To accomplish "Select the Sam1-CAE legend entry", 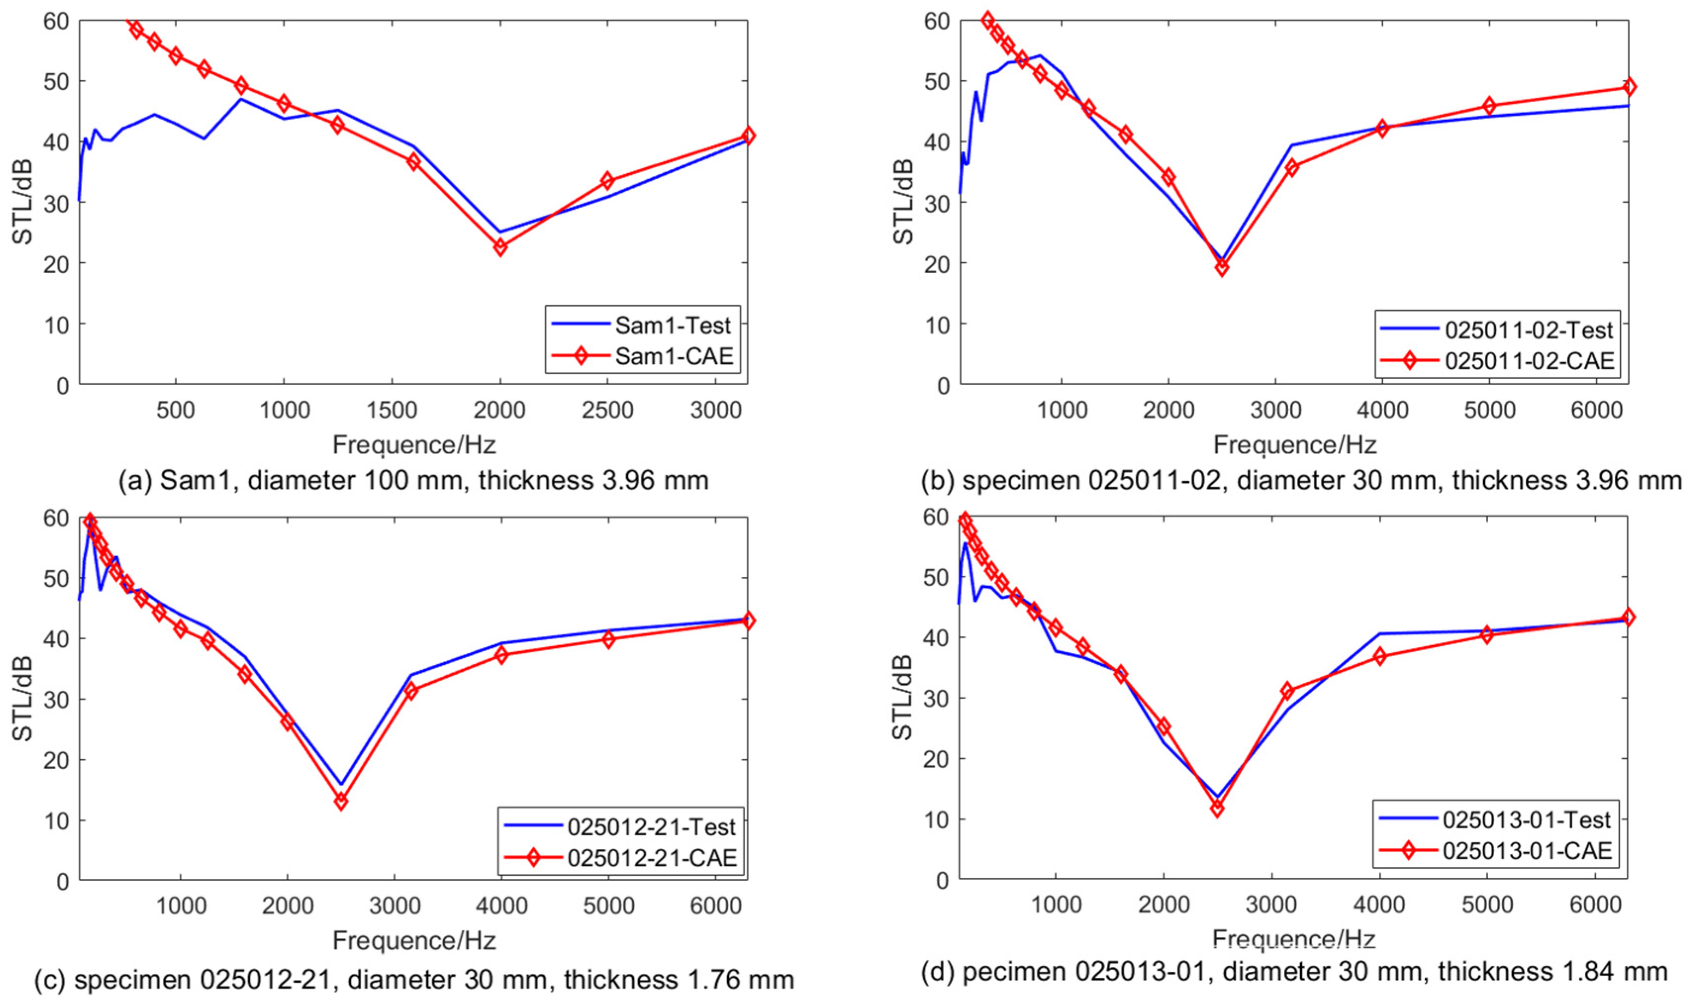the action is (x=641, y=355).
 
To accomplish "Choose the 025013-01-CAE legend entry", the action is (x=1496, y=851).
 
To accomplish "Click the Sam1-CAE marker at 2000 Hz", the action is (x=500, y=247).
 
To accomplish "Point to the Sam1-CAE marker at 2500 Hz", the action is (x=608, y=181).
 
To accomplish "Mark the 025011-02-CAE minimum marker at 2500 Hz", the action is (x=1221, y=268).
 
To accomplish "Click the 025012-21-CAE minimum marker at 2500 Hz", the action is (x=341, y=802).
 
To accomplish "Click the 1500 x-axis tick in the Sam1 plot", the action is (x=392, y=410).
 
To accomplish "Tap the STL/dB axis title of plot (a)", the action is (x=24, y=202).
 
